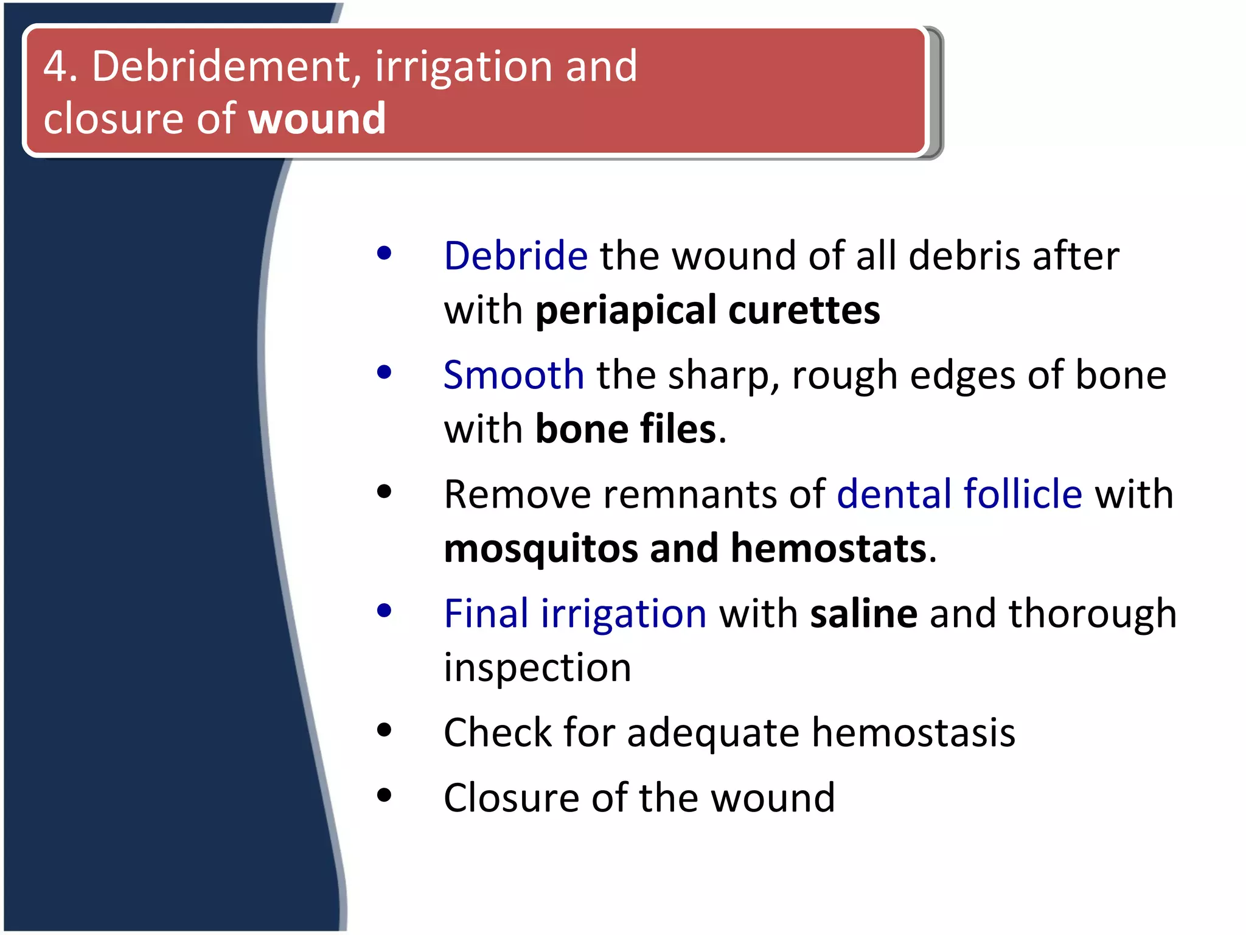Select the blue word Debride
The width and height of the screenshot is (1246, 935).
coord(515,256)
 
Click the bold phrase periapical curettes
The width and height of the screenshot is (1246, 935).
coord(707,310)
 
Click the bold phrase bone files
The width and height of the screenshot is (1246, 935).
coord(626,429)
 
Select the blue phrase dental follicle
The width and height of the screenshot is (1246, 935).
coord(959,494)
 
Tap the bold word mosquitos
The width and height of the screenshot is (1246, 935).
coord(540,548)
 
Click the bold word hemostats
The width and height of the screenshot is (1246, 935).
coord(829,548)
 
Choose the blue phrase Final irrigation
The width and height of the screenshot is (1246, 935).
coord(575,613)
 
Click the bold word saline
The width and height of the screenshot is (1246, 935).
coord(863,613)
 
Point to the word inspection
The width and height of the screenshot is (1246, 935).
coord(537,668)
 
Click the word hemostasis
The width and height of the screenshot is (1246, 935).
coord(913,732)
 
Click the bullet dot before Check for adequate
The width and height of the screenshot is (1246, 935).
coord(384,729)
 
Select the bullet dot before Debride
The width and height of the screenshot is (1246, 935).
coord(384,253)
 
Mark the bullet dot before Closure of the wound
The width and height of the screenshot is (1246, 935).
coord(384,794)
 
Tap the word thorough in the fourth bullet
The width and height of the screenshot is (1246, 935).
coord(1092,613)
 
